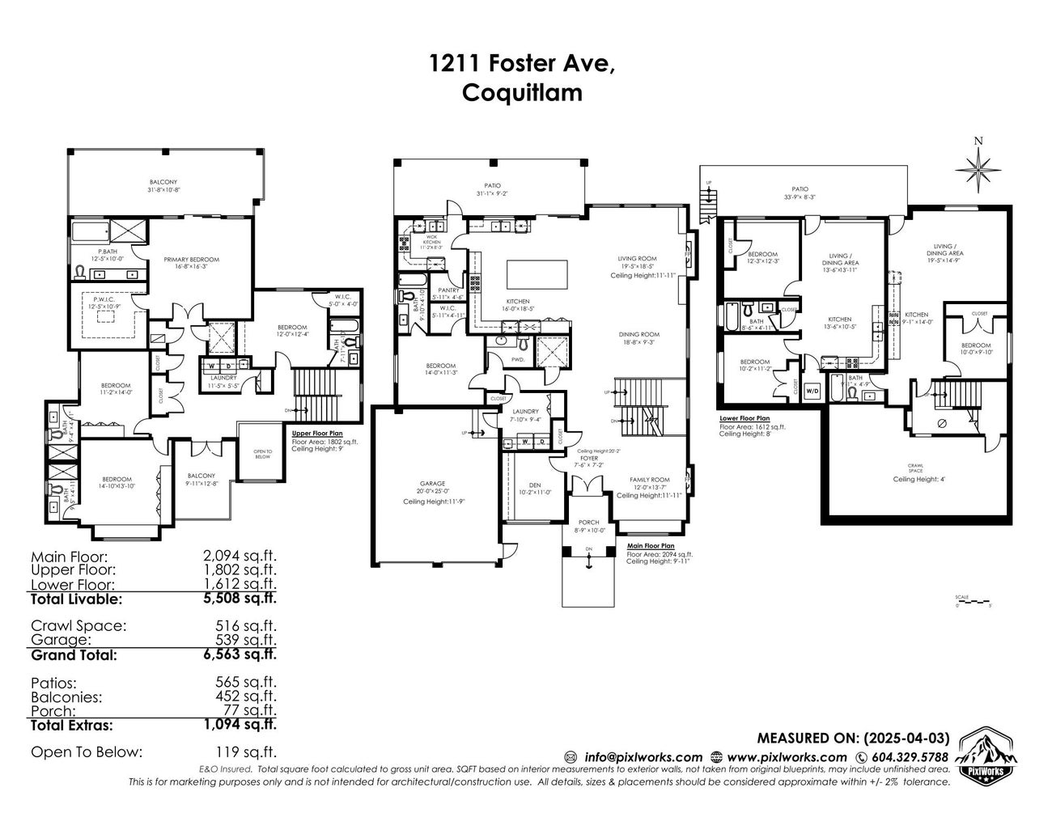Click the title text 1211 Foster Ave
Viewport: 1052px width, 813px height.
coord(522,65)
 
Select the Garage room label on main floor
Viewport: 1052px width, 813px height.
coord(431,484)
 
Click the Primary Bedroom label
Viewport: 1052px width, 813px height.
coord(192,260)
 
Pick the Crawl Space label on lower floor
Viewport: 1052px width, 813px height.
coord(914,467)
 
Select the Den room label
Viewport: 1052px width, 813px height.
coord(534,485)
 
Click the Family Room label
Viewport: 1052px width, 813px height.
coord(650,480)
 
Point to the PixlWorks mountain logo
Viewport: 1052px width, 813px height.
coord(979,757)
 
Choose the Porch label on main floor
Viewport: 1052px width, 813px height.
coord(588,523)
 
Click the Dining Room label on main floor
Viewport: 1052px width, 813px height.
coord(639,334)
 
